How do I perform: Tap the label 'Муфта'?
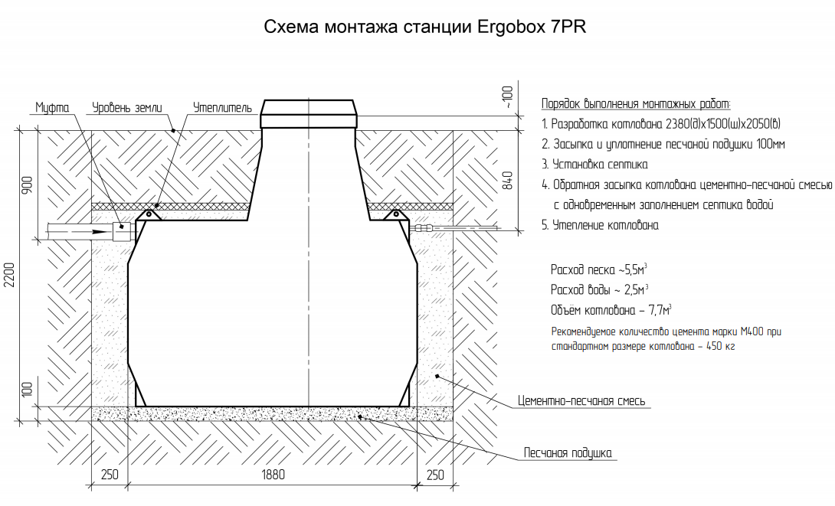[x=52, y=108]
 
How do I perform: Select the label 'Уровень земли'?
[x=128, y=108]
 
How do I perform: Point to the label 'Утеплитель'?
[x=222, y=108]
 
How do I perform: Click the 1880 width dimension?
[x=272, y=475]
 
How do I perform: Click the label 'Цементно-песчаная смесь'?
[x=581, y=401]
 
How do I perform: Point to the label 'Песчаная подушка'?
[x=568, y=452]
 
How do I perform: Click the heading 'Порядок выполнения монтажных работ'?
[x=636, y=104]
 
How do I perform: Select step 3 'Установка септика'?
[x=594, y=165]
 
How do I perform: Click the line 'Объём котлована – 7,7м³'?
[x=611, y=311]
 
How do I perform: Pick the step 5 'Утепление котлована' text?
[x=600, y=226]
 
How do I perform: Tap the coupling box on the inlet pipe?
[x=120, y=230]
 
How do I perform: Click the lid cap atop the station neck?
[x=309, y=114]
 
